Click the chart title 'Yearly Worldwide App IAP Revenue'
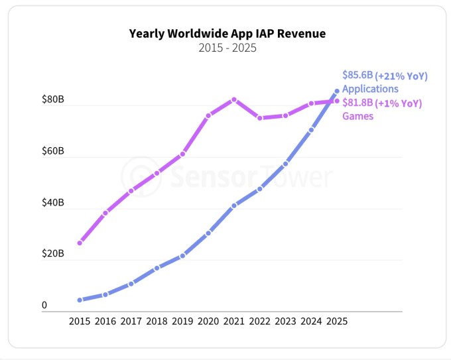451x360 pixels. tap(227, 33)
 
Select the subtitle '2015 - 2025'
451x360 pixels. tap(227, 48)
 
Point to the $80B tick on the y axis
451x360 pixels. tap(53, 100)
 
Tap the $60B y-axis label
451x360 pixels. tap(53, 152)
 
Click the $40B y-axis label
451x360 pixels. tap(53, 203)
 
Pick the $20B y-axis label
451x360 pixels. tap(53, 254)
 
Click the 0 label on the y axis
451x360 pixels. tap(45, 306)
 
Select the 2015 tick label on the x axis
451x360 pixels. tap(80, 321)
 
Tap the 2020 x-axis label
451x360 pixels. tap(208, 321)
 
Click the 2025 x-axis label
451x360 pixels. tap(336, 321)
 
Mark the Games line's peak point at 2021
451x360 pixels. tap(234, 99)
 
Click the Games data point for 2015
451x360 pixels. tap(80, 243)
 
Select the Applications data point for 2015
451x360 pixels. tap(80, 300)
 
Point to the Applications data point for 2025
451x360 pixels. tap(337, 91)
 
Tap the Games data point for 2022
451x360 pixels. tap(259, 118)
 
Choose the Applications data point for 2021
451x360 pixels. tap(234, 206)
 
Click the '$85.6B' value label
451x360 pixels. tap(357, 76)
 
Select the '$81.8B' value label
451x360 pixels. tap(357, 103)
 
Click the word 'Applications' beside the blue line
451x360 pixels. tap(370, 89)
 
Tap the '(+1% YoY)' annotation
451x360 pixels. tap(399, 103)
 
